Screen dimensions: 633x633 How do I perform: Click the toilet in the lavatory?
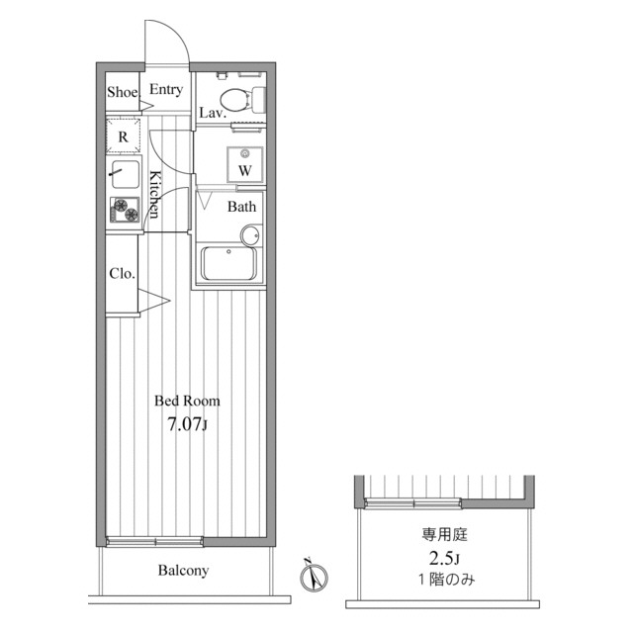[242, 100]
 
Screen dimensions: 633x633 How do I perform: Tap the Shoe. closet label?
[124, 92]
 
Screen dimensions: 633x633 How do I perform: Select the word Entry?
[166, 90]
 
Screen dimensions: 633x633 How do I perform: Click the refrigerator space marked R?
[123, 136]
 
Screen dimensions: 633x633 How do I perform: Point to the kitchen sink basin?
[126, 174]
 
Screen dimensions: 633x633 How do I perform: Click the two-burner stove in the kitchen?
[125, 210]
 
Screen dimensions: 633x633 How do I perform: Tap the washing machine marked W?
[244, 165]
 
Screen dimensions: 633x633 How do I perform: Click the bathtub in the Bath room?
[228, 263]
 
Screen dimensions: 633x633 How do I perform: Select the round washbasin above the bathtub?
[250, 235]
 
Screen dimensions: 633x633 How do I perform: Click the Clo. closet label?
[122, 274]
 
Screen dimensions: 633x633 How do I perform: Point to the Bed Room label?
[187, 401]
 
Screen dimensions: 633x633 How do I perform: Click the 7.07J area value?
[187, 424]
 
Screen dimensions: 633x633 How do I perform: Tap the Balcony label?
[183, 571]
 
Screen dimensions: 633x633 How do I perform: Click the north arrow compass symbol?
[314, 575]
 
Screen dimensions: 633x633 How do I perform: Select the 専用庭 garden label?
[444, 535]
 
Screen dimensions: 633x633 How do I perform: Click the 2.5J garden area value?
[444, 559]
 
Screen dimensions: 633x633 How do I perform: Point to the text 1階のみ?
[446, 581]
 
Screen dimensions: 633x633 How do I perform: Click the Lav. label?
[213, 113]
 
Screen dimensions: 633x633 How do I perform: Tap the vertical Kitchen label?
[155, 195]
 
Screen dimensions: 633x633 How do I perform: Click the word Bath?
[241, 207]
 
